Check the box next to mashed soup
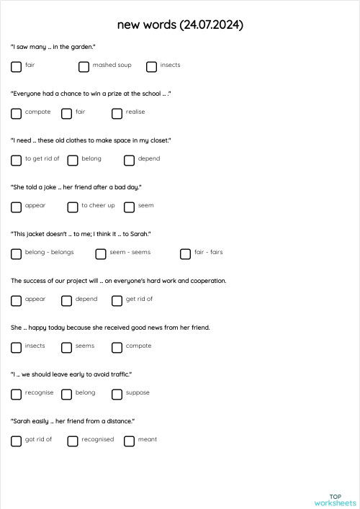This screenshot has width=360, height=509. (84, 67)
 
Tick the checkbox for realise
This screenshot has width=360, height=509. (117, 114)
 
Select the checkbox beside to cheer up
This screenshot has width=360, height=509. (72, 207)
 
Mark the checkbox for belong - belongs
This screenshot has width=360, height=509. (16, 254)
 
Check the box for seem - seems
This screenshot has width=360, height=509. (100, 254)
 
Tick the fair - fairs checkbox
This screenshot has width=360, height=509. (185, 254)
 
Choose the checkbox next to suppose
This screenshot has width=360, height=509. (117, 395)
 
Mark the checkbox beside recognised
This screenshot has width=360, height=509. (72, 441)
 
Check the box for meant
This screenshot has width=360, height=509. (129, 441)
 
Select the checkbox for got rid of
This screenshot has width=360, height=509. (16, 441)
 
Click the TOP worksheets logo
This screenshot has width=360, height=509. (335, 500)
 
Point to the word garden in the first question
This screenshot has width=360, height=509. (80, 47)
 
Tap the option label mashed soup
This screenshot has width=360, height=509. (112, 66)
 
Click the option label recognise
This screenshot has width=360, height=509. (39, 393)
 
